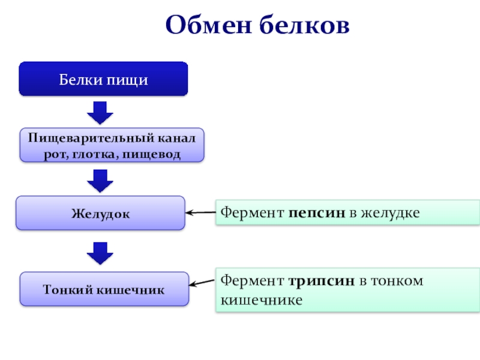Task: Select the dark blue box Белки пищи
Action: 103,79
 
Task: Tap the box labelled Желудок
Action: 100,213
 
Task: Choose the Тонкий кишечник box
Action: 103,289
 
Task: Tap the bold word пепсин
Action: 316,212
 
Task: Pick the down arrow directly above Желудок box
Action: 100,179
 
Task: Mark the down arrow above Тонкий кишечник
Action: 100,253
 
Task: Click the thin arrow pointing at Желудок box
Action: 200,212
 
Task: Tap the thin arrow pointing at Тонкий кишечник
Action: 203,281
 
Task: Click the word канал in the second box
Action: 176,138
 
